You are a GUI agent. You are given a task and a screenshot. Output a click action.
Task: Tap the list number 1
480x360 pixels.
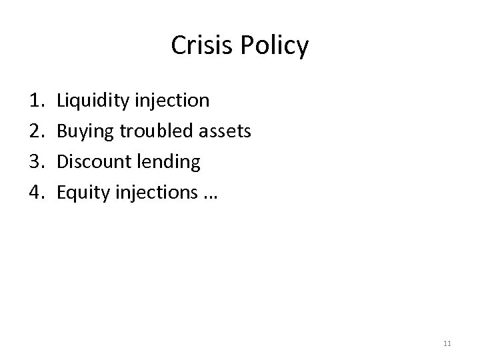click(37, 101)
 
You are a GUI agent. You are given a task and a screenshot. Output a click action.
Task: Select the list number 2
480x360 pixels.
click(37, 131)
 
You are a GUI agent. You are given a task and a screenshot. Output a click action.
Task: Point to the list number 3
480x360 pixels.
click(37, 161)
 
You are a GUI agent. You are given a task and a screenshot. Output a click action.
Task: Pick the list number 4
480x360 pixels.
click(37, 192)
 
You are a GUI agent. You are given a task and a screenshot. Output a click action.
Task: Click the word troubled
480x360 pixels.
click(157, 131)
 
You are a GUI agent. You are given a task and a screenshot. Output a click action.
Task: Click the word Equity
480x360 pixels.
click(81, 193)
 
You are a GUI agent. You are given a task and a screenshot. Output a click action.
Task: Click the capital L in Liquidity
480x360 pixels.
click(61, 101)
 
